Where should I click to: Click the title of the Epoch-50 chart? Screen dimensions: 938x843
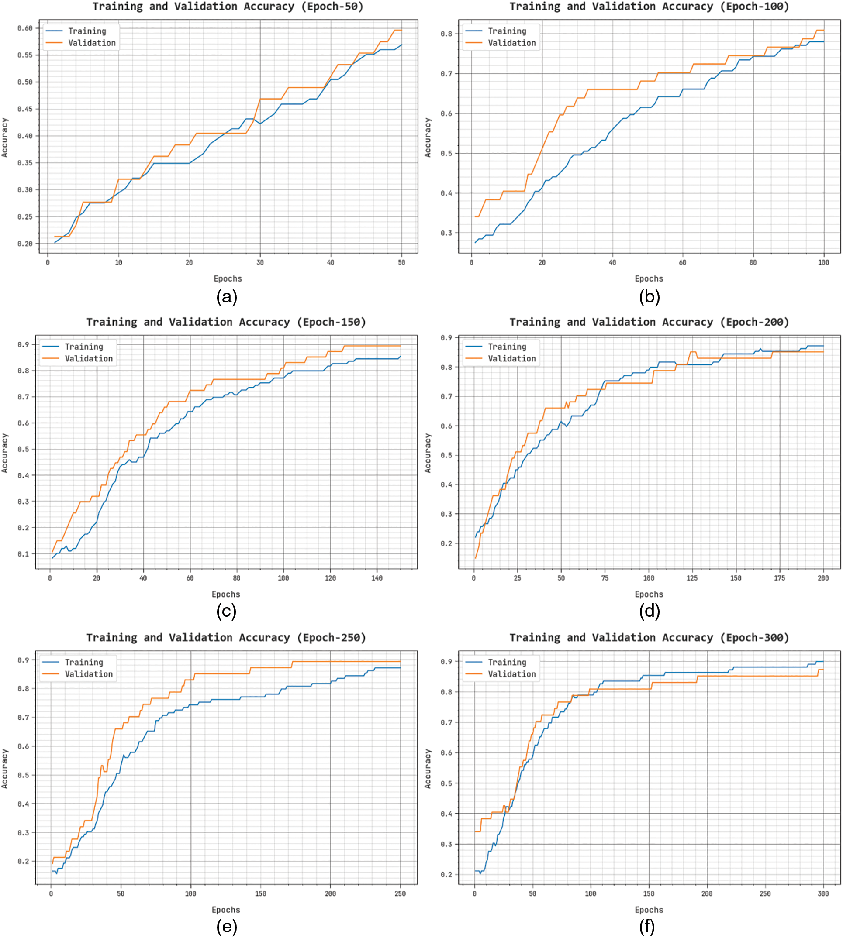pos(228,7)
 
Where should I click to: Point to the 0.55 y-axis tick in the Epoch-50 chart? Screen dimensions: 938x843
pos(25,55)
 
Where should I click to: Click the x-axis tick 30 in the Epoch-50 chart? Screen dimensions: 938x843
pos(260,262)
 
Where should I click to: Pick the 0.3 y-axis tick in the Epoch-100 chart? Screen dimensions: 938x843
pos(446,233)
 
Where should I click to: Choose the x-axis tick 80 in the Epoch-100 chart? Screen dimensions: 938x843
pos(753,262)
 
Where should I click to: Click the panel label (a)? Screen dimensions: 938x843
pos(227,297)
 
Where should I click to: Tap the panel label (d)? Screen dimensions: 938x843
pos(650,612)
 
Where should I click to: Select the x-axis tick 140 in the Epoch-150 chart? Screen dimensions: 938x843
pos(377,578)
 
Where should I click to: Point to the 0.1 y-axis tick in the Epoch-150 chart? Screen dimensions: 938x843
pos(23,554)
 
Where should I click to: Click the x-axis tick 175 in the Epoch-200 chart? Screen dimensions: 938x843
pos(780,578)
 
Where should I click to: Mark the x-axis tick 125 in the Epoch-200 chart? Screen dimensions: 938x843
pos(692,578)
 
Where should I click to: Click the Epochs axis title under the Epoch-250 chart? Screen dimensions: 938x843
pos(226,910)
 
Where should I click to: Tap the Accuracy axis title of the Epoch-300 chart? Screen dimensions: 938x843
pos(428,769)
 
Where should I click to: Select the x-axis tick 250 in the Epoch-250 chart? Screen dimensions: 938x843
pos(400,893)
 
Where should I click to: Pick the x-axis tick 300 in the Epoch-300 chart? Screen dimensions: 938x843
pos(823,893)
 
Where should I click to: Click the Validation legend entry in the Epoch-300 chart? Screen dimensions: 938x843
pos(511,674)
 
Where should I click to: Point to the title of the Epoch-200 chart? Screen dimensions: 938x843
pos(649,322)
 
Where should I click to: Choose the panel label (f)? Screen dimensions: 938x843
pos(647,927)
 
